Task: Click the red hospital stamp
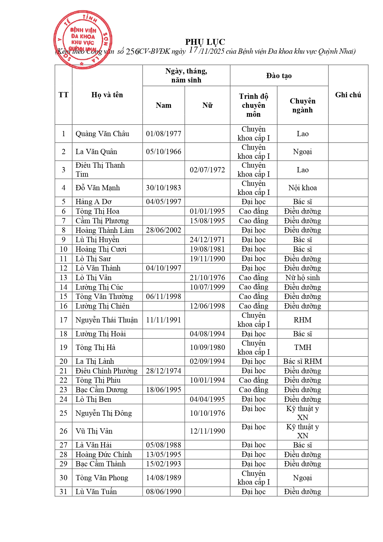(x=83, y=40)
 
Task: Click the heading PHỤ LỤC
(x=205, y=42)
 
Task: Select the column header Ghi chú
(x=348, y=95)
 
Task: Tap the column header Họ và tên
(x=107, y=95)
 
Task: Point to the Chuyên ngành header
(x=302, y=105)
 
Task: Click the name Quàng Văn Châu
(x=102, y=134)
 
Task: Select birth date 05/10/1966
(x=164, y=152)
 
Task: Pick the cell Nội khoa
(x=302, y=188)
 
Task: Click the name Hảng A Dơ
(x=94, y=202)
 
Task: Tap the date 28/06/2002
(x=164, y=230)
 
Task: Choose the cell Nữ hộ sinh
(x=302, y=278)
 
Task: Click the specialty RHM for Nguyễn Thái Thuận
(x=302, y=320)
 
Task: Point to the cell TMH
(x=302, y=347)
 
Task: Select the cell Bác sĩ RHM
(x=302, y=361)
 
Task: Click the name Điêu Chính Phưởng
(x=106, y=371)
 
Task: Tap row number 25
(x=64, y=413)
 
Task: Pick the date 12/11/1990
(x=207, y=431)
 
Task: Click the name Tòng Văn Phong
(x=102, y=478)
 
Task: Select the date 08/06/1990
(x=164, y=492)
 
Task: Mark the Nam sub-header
(x=164, y=105)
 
